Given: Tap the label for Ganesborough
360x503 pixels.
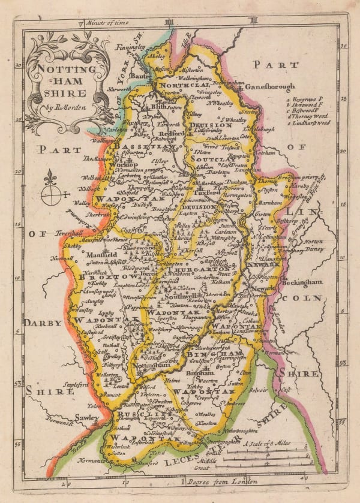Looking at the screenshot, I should [x=263, y=86].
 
